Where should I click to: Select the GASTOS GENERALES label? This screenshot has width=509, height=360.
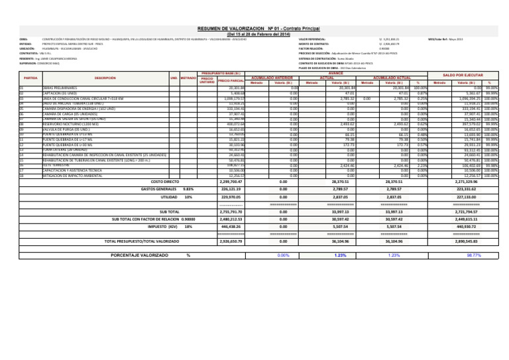(x=156, y=189)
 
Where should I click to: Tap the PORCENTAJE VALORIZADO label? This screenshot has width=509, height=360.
(x=138, y=255)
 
